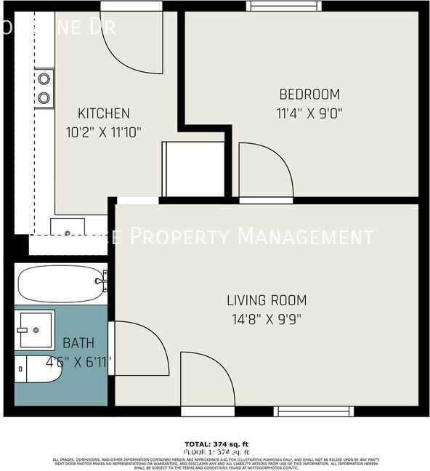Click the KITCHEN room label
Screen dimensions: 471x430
[x=104, y=113]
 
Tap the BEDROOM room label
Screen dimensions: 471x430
[x=309, y=94]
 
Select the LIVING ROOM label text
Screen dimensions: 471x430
[x=267, y=300]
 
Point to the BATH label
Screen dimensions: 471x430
[x=78, y=343]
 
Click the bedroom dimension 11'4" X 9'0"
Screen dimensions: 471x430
[x=309, y=113]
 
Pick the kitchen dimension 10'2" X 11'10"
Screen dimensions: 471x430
[x=104, y=132]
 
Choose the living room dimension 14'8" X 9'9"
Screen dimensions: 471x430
[x=267, y=318]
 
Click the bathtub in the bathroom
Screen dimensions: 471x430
[x=61, y=284]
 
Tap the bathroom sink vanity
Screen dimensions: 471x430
[x=34, y=330]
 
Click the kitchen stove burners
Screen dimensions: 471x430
[x=44, y=86]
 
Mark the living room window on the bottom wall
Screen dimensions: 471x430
[x=313, y=411]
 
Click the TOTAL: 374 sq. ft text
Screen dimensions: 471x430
[x=215, y=443]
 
